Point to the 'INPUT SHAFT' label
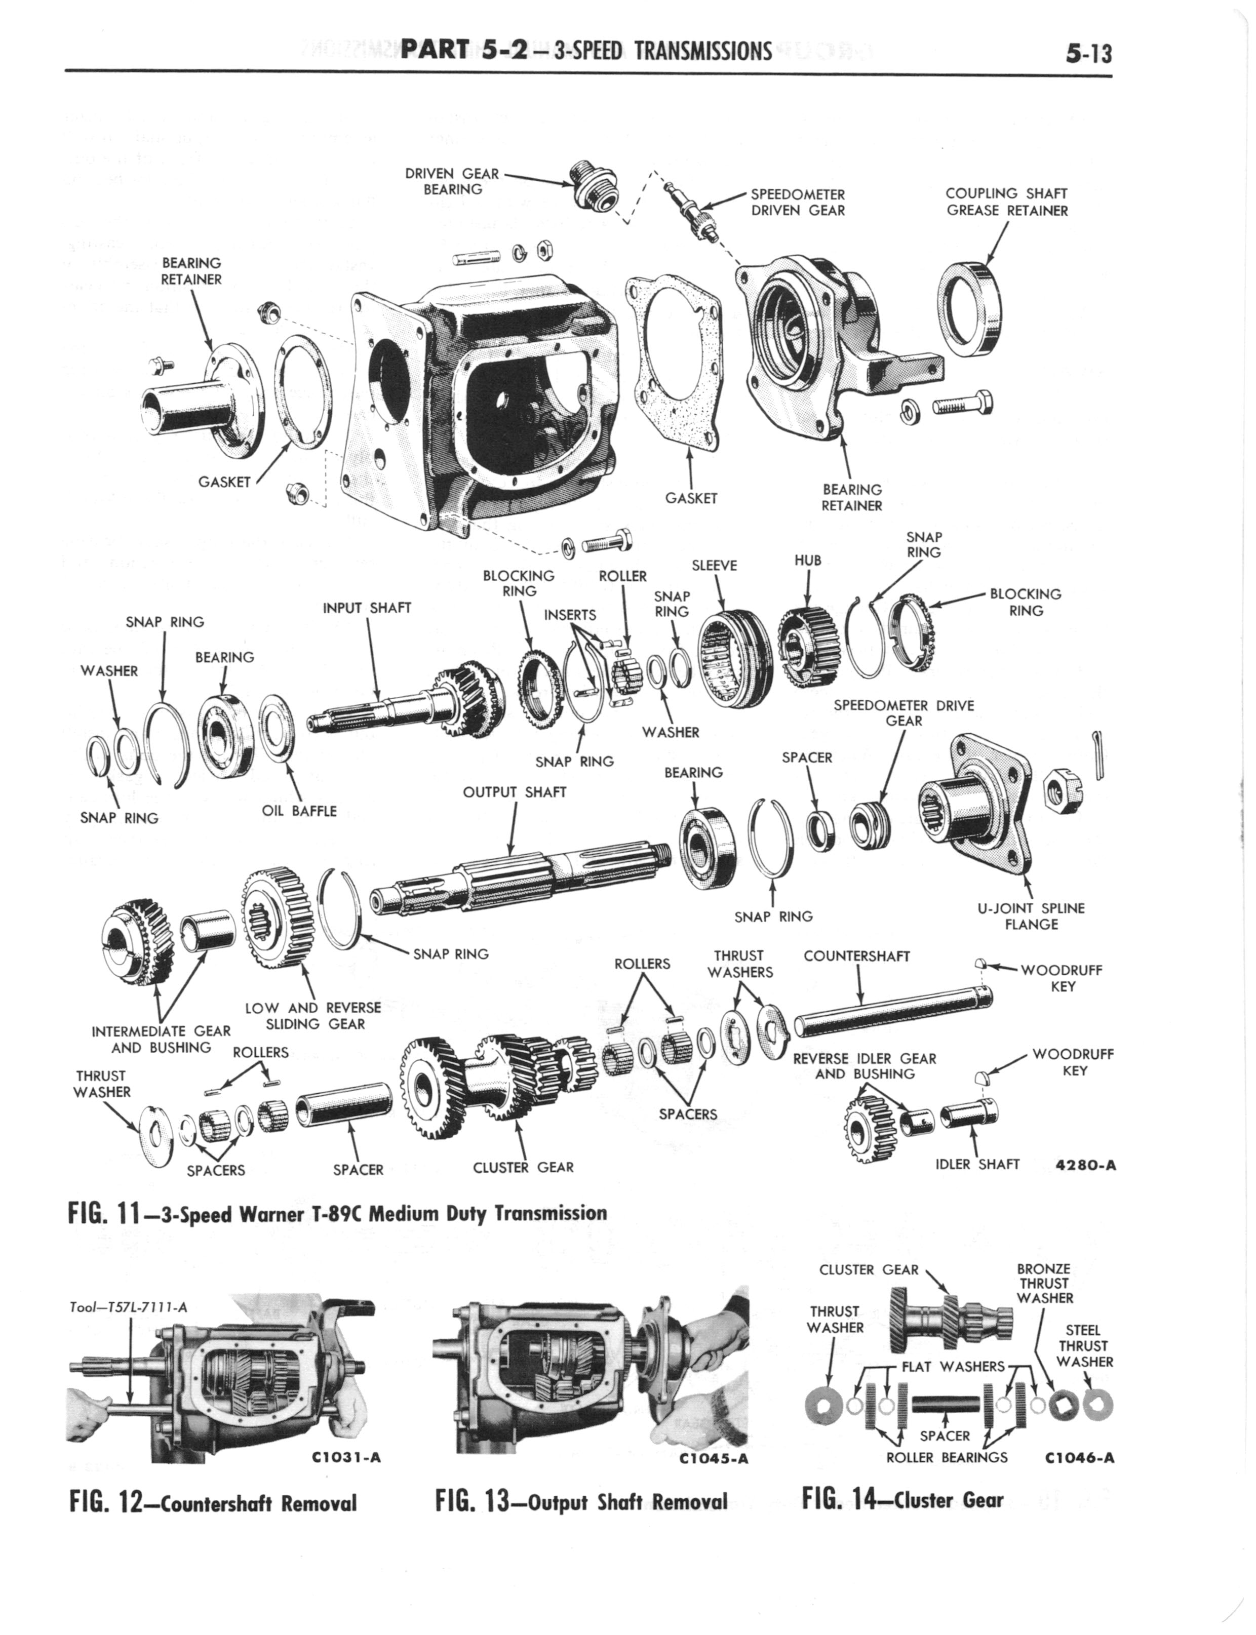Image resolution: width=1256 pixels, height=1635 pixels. click(x=367, y=608)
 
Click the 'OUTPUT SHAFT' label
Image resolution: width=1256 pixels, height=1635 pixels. click(x=515, y=792)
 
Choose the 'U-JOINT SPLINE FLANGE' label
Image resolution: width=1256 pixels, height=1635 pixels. click(x=1032, y=916)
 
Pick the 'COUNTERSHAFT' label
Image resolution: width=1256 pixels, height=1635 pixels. click(x=857, y=956)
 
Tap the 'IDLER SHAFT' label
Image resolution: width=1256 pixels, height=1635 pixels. click(x=977, y=1164)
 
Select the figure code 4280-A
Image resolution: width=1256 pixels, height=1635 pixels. click(x=1086, y=1165)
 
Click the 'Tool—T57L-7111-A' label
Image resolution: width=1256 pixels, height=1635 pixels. click(x=126, y=1307)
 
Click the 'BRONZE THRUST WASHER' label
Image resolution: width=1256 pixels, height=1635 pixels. click(x=1044, y=1283)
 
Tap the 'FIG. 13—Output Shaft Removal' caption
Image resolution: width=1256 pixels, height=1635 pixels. click(x=581, y=1501)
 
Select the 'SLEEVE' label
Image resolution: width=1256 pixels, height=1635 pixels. click(x=714, y=566)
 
